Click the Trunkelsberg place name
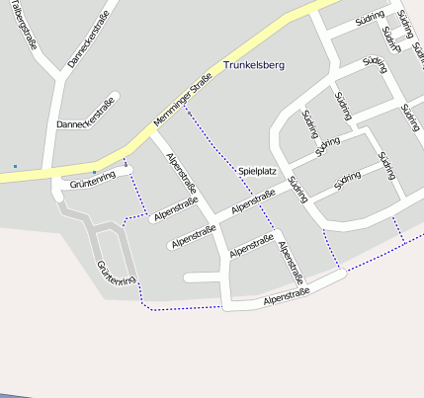(254, 65)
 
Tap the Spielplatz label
(257, 171)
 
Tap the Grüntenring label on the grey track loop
(116, 274)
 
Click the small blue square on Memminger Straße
(94, 172)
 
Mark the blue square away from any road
(15, 166)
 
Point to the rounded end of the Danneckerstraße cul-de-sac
(114, 98)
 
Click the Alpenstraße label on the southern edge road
(287, 295)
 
